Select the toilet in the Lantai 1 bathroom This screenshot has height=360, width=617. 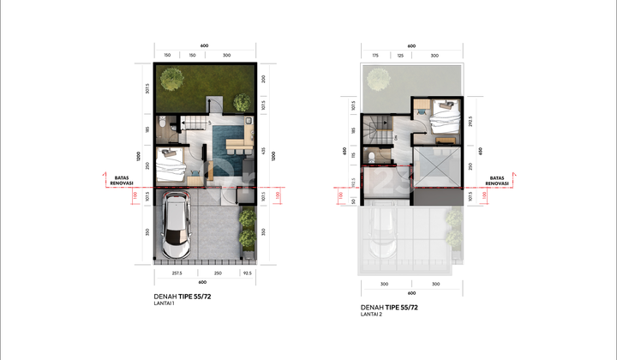(x=172, y=127)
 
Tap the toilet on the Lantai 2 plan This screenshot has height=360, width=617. (x=371, y=158)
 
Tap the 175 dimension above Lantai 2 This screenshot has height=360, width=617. (x=375, y=55)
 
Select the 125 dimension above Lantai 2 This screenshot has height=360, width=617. (x=399, y=55)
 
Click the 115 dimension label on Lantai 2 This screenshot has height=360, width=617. (x=353, y=157)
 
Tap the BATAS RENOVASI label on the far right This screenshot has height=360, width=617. (x=496, y=180)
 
